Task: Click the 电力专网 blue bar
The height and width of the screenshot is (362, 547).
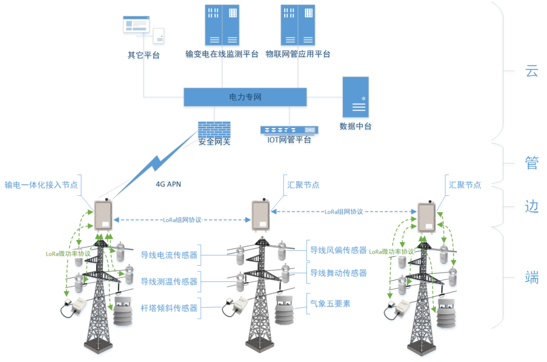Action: (245, 97)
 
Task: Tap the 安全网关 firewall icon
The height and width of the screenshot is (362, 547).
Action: (214, 130)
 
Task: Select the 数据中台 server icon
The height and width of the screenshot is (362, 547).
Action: (355, 97)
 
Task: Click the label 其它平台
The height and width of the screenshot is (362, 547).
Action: (143, 55)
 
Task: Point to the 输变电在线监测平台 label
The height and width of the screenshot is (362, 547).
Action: (222, 54)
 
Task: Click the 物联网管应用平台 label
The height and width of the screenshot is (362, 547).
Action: (298, 54)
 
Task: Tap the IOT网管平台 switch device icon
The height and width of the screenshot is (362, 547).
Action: (289, 130)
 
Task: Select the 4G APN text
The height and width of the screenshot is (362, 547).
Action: (168, 184)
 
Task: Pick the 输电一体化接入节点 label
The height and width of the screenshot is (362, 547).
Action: (41, 185)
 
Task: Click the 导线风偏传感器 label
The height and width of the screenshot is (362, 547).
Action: (338, 250)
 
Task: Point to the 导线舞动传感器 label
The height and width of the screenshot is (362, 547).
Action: (338, 273)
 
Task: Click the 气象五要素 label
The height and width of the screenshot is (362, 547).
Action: (330, 304)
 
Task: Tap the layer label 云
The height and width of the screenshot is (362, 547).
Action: (531, 71)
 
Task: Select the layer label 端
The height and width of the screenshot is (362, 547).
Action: (531, 277)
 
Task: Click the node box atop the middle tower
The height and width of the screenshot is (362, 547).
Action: (261, 215)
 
